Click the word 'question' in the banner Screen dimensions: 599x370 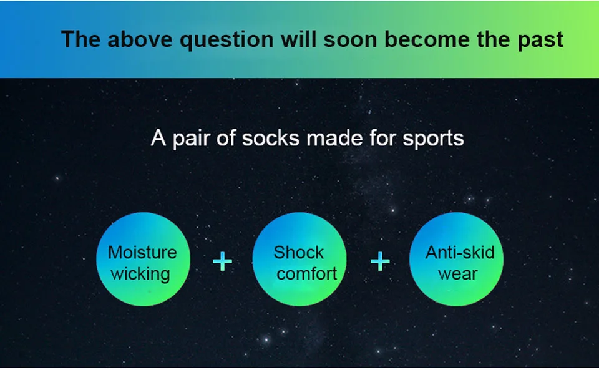[x=226, y=40]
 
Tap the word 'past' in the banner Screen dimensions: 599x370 [x=540, y=41]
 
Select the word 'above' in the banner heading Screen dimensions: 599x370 [x=140, y=39]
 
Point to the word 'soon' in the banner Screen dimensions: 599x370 [x=350, y=40]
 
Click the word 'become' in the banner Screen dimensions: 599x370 [x=427, y=39]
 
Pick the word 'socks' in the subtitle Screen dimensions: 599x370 [x=270, y=139]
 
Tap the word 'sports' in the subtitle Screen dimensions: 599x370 [x=433, y=139]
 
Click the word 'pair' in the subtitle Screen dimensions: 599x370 [x=191, y=139]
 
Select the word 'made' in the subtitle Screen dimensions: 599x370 [x=334, y=138]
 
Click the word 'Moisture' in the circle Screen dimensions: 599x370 [x=142, y=253]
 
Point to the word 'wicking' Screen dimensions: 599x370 [x=140, y=274]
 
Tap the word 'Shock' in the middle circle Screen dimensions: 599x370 [x=299, y=253]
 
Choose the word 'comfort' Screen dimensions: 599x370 [x=307, y=274]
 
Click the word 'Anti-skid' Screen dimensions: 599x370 [x=460, y=253]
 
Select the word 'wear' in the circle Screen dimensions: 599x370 [x=458, y=274]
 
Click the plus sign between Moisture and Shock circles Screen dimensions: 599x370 [x=222, y=261]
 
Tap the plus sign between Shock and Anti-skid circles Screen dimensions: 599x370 [x=380, y=261]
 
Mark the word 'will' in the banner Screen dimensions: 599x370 [x=299, y=39]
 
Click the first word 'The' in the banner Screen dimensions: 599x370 [x=80, y=39]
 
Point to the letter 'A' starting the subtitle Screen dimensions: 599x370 [x=158, y=139]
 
